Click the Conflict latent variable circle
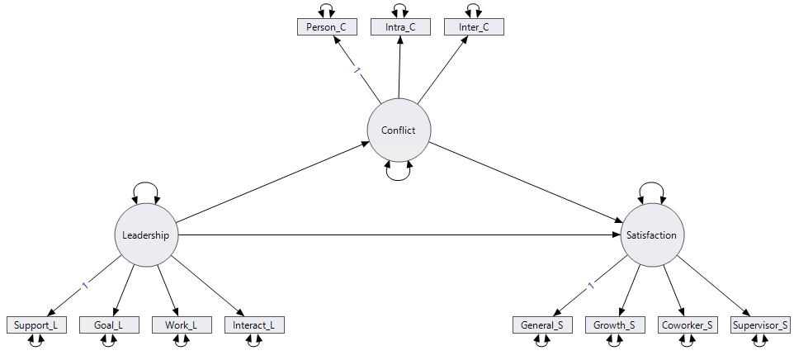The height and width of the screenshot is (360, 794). coord(399,130)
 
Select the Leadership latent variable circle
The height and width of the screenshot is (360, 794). coord(145,235)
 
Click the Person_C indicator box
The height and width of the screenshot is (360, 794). coord(326,27)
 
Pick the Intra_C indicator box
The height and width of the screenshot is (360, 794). coord(400,27)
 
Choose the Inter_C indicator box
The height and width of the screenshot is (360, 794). coord(474,27)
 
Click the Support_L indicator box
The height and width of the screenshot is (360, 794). coord(35,325)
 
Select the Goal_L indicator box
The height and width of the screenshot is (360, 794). coord(109,325)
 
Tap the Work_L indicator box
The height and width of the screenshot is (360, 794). coord(182,325)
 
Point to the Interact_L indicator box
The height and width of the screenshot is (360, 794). coord(254,325)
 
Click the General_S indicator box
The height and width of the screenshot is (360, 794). coord(541,325)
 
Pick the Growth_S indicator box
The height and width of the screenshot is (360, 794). coord(614,325)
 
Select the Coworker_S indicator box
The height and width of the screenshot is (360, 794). coord(687,325)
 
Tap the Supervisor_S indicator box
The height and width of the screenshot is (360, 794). coord(760,325)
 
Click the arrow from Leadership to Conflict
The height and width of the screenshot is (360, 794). coord(272,182)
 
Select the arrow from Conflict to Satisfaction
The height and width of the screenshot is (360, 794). coord(525,182)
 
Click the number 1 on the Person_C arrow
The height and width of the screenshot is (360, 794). coord(357,71)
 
